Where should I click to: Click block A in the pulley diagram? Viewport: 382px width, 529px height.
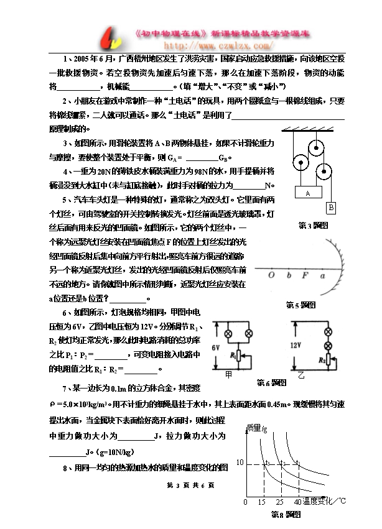pyautogui.click(x=307, y=193)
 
